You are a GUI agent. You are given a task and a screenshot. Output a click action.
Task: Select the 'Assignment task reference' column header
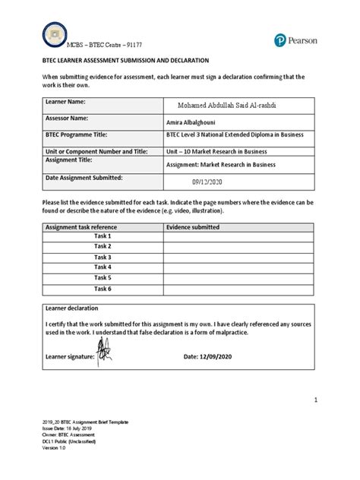[x=81, y=227]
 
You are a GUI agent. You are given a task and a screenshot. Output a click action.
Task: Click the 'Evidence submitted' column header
[x=194, y=227]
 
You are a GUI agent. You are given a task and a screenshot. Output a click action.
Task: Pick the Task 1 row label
[x=103, y=237]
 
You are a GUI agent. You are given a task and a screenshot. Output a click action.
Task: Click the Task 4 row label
[x=103, y=267]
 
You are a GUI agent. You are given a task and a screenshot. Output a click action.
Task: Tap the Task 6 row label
[x=103, y=289]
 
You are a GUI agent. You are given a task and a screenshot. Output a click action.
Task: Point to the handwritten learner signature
[x=103, y=353]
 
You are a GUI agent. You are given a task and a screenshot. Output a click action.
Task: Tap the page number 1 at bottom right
[x=313, y=399]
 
